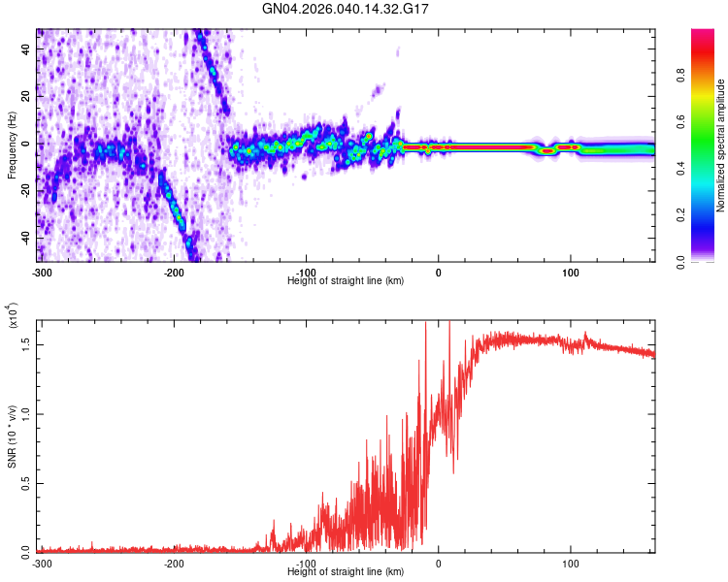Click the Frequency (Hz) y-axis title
(x=12, y=145)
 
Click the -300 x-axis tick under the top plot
(x=42, y=271)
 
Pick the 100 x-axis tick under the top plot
(x=571, y=271)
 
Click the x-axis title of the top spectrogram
(x=346, y=280)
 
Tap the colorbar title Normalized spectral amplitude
(x=721, y=145)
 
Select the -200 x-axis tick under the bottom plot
(x=175, y=563)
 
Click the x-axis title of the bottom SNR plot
(x=346, y=572)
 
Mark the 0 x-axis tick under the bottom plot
(x=439, y=563)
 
